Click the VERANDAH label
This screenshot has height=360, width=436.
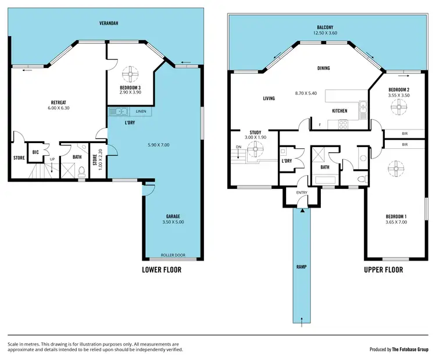tap(108, 23)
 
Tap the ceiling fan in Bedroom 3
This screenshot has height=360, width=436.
tap(131, 74)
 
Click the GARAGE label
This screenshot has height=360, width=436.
tap(173, 216)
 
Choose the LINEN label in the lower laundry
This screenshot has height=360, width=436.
tap(141, 111)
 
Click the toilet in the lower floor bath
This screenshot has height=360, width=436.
tap(82, 171)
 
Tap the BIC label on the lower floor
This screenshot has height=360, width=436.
tap(35, 152)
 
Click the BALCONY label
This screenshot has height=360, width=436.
tap(324, 27)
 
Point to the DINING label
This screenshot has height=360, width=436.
tap(323, 68)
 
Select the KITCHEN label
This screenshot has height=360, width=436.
tap(339, 111)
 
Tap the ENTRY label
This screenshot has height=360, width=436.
tap(302, 193)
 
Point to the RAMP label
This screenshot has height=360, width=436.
tap(301, 266)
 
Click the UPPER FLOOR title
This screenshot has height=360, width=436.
tap(383, 270)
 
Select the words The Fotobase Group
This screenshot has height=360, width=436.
tap(409, 350)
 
